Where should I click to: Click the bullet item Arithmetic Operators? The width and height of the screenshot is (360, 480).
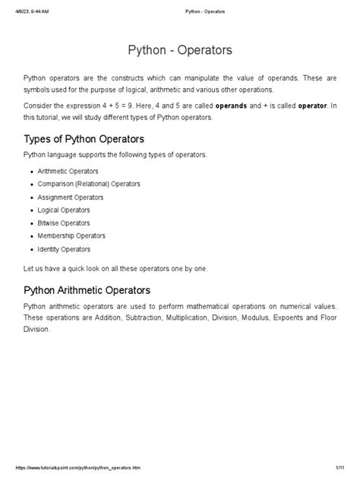click(x=68, y=171)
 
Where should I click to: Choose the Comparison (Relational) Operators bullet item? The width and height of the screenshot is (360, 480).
click(x=88, y=184)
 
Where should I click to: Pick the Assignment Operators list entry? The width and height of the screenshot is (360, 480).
click(x=70, y=197)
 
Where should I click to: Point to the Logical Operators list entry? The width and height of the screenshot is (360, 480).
click(x=63, y=210)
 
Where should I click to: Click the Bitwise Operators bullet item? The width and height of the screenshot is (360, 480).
click(x=63, y=223)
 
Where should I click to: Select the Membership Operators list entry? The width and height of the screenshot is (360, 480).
click(x=71, y=236)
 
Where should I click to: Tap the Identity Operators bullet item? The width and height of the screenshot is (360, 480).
click(x=64, y=249)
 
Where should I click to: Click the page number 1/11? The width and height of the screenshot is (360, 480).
click(x=331, y=469)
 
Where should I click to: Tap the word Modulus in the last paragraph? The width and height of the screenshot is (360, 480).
click(x=238, y=318)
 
